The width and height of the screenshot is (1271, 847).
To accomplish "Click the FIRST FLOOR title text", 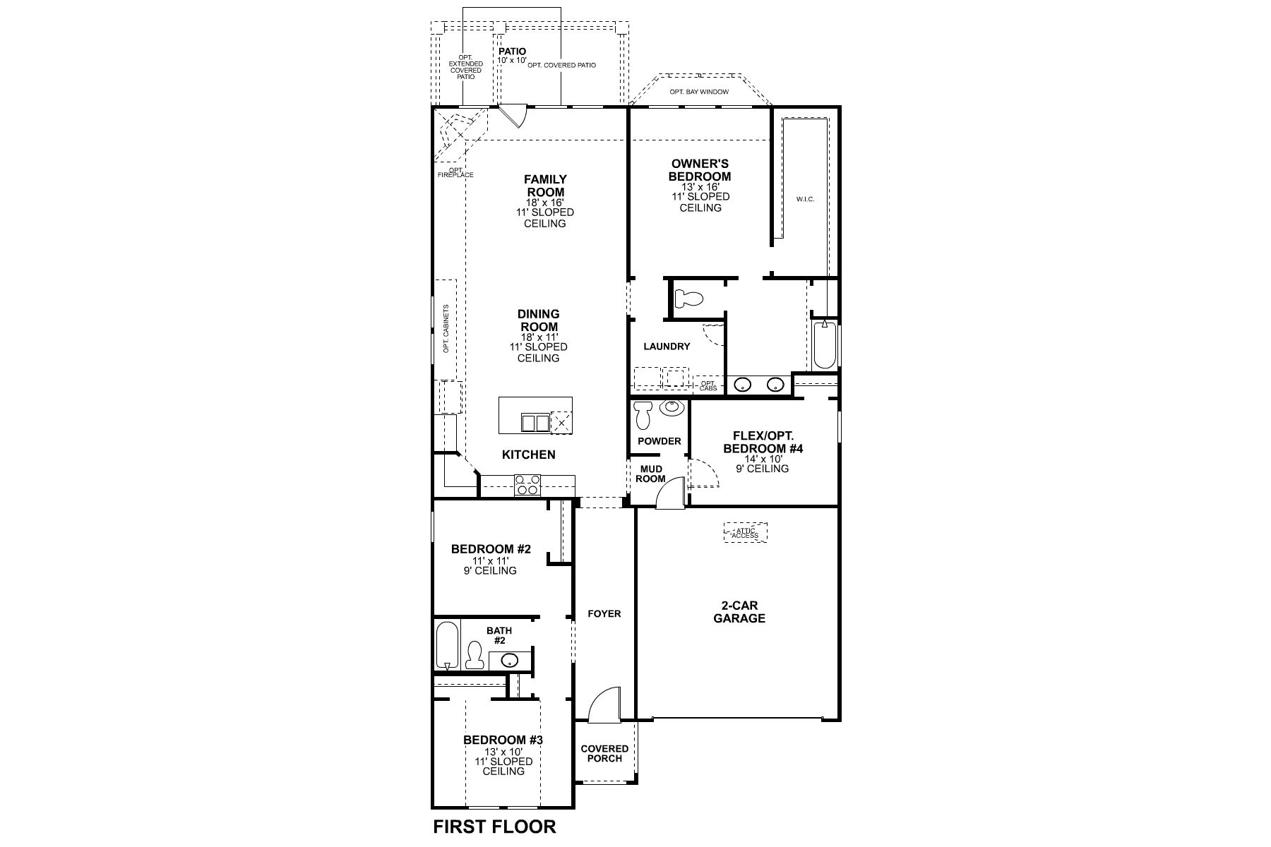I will click(x=494, y=827).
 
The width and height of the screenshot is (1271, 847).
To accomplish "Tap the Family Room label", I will click(x=544, y=186).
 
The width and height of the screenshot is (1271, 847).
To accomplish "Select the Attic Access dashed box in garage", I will click(x=745, y=533).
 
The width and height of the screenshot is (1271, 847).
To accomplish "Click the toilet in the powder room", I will click(x=643, y=416).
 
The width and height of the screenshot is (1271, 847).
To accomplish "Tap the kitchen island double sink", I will click(x=535, y=423).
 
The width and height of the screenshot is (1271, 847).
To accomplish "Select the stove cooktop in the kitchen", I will click(x=527, y=485).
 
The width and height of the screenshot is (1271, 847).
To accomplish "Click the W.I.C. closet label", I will click(x=806, y=200).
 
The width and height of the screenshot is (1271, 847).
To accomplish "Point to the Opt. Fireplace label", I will click(x=455, y=172).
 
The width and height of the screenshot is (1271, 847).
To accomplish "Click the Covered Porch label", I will click(x=604, y=753).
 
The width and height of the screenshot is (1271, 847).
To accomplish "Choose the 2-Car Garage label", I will click(x=739, y=612).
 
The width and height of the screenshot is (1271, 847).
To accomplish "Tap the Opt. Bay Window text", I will click(x=699, y=92).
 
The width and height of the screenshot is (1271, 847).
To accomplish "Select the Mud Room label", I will click(x=650, y=474).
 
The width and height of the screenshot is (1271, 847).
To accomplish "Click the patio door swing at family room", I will click(x=513, y=116).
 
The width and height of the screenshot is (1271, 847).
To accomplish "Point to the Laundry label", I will click(x=667, y=347).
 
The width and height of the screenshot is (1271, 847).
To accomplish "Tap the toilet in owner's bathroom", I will click(x=688, y=299).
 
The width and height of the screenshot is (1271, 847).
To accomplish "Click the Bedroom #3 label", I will click(x=503, y=740).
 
